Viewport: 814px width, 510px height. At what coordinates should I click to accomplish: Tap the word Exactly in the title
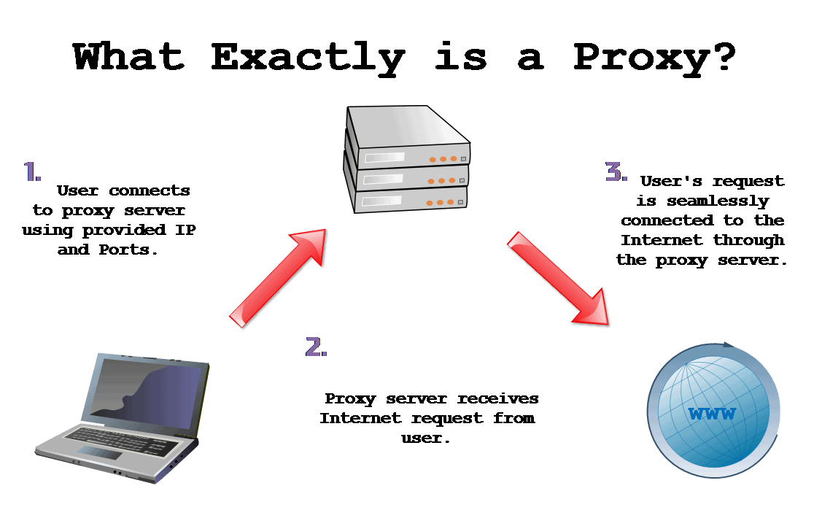306,58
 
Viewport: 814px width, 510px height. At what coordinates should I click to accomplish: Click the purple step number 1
31,172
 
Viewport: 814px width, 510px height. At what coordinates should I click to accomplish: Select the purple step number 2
316,347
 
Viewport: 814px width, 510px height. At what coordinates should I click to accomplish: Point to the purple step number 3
616,172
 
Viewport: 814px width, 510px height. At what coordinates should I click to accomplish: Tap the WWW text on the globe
712,415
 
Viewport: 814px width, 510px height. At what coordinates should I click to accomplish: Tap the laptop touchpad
100,453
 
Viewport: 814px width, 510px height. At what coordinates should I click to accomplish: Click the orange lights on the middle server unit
442,180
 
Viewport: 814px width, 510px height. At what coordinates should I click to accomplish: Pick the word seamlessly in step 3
702,201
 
